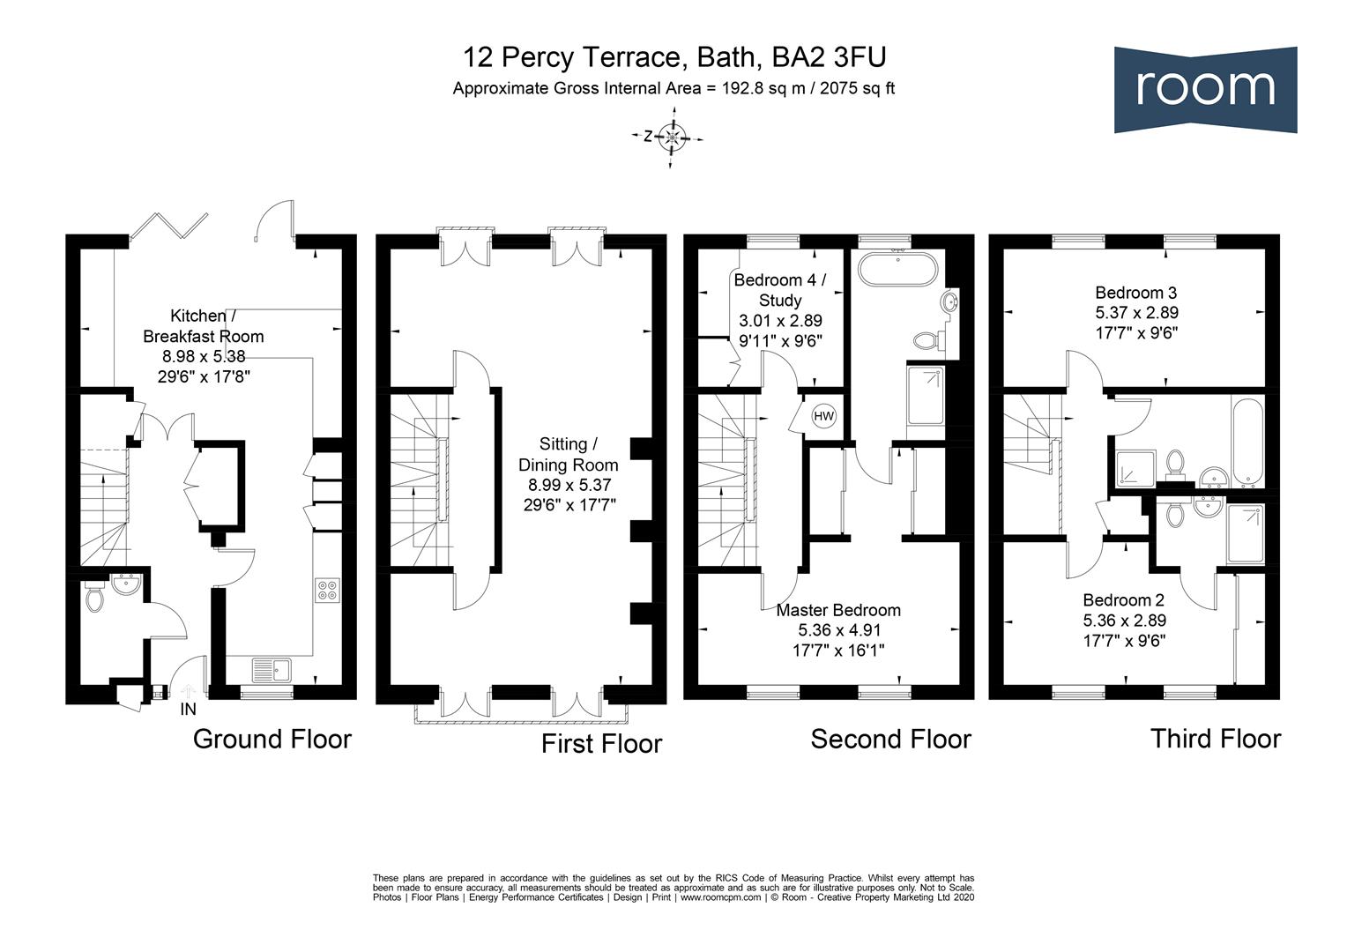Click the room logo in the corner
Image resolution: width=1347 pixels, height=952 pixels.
click(x=1205, y=90)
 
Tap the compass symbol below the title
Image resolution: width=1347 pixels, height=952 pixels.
click(x=670, y=138)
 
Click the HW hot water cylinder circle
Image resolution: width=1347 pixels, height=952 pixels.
click(x=824, y=415)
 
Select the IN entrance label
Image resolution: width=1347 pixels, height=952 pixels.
click(x=189, y=710)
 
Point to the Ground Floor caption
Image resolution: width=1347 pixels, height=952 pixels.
click(x=272, y=739)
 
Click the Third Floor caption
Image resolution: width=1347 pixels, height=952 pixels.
click(x=1216, y=739)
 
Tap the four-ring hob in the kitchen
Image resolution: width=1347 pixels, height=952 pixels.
click(x=328, y=590)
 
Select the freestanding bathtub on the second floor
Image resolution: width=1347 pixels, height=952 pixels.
click(x=897, y=269)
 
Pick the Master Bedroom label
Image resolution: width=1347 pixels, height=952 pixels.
click(x=838, y=610)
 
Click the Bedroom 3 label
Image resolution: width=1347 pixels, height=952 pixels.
click(x=1136, y=293)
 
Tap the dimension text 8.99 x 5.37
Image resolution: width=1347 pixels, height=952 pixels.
click(x=569, y=485)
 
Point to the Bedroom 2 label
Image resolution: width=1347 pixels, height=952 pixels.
click(x=1124, y=599)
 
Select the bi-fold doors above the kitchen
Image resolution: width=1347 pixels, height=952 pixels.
click(x=169, y=227)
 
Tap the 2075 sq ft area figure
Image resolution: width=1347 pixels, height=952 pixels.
click(x=857, y=88)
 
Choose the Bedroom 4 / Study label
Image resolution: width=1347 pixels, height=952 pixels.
click(x=780, y=290)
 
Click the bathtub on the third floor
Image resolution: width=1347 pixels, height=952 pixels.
click(x=1247, y=442)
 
